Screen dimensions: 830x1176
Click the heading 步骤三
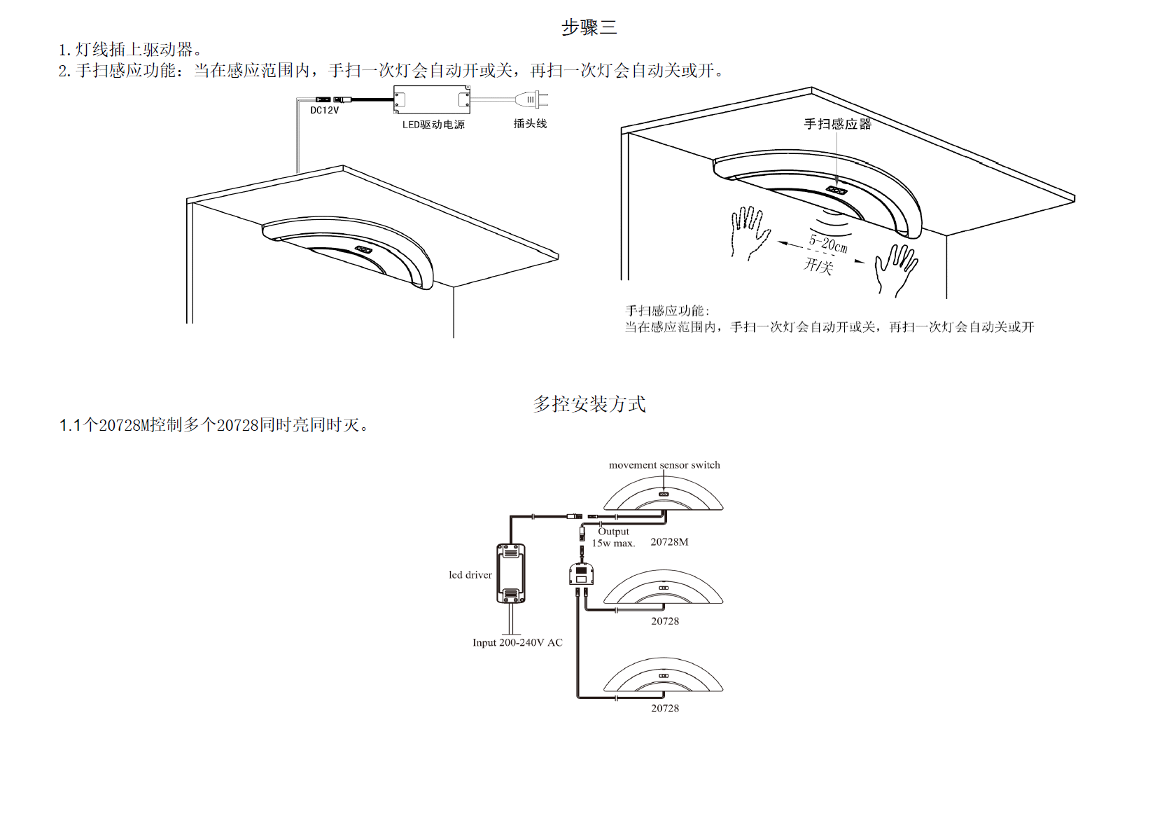pyautogui.click(x=589, y=27)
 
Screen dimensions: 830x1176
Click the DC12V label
pyautogui.click(x=324, y=110)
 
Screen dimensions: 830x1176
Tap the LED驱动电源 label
pyautogui.click(x=433, y=125)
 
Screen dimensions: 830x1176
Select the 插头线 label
pyautogui.click(x=530, y=123)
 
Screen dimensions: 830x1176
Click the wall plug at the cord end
pyautogui.click(x=535, y=100)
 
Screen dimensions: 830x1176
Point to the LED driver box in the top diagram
pyautogui.click(x=431, y=99)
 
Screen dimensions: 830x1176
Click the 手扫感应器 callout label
pyautogui.click(x=837, y=124)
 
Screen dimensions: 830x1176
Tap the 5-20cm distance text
pyautogui.click(x=828, y=244)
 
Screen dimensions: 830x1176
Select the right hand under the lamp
pyautogui.click(x=895, y=268)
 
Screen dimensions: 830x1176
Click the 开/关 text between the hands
pyautogui.click(x=818, y=265)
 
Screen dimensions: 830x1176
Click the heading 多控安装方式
pyautogui.click(x=589, y=404)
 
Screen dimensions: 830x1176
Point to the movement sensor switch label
pyautogui.click(x=664, y=465)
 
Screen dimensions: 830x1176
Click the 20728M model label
pyautogui.click(x=669, y=542)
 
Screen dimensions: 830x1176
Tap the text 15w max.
pyautogui.click(x=613, y=544)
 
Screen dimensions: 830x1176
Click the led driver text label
pyautogui.click(x=470, y=575)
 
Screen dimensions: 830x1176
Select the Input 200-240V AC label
pyautogui.click(x=517, y=642)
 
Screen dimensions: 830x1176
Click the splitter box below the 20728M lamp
pyautogui.click(x=581, y=574)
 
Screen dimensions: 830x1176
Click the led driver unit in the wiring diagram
pyautogui.click(x=511, y=573)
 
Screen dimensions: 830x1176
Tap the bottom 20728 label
pyautogui.click(x=665, y=708)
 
